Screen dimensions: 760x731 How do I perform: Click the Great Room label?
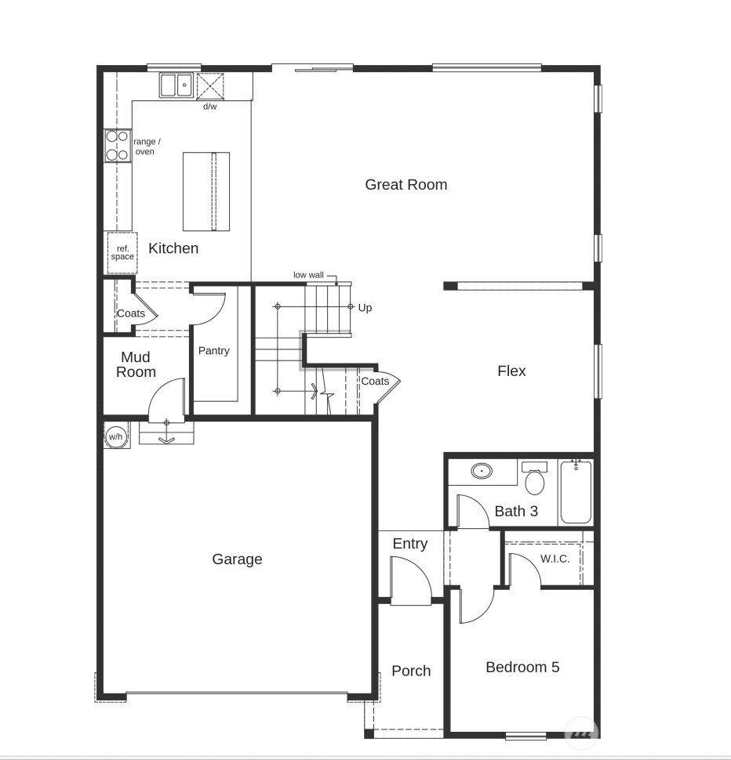[406, 185]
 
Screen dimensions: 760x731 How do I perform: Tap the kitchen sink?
[176, 85]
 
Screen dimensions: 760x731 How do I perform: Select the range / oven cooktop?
[117, 146]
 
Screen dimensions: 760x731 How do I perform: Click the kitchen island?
[206, 191]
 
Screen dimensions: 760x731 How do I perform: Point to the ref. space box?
[122, 253]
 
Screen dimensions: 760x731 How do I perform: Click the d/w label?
[210, 107]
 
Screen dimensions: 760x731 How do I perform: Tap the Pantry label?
[213, 351]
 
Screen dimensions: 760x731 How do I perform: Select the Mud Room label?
[136, 365]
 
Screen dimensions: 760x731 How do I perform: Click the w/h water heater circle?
[116, 436]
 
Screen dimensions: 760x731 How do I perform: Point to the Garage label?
[237, 559]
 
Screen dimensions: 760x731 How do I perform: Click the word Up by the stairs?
[365, 308]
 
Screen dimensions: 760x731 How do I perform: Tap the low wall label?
[308, 275]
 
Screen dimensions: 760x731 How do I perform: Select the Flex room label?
[511, 371]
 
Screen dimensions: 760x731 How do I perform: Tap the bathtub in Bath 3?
[576, 492]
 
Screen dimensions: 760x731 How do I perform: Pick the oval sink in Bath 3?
[482, 472]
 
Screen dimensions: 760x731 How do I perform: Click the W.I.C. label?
[555, 559]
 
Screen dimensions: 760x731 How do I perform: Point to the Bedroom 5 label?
[522, 668]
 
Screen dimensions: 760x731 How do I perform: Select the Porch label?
[411, 671]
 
